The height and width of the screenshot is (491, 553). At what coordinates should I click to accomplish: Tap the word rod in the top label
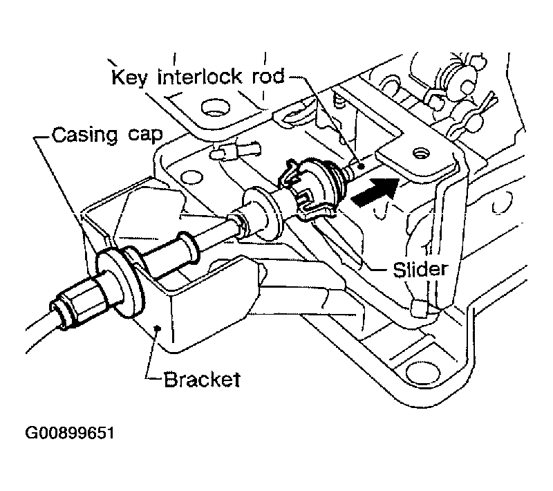265,76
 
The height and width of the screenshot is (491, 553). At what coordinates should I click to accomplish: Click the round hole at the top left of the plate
212,107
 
